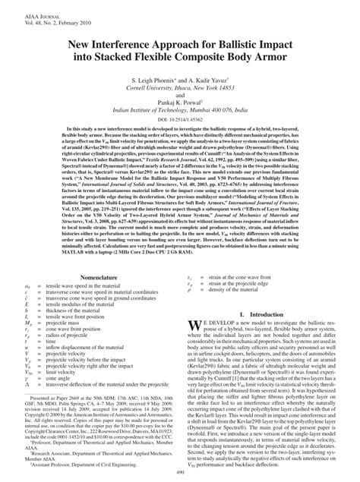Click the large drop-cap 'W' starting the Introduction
193,326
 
